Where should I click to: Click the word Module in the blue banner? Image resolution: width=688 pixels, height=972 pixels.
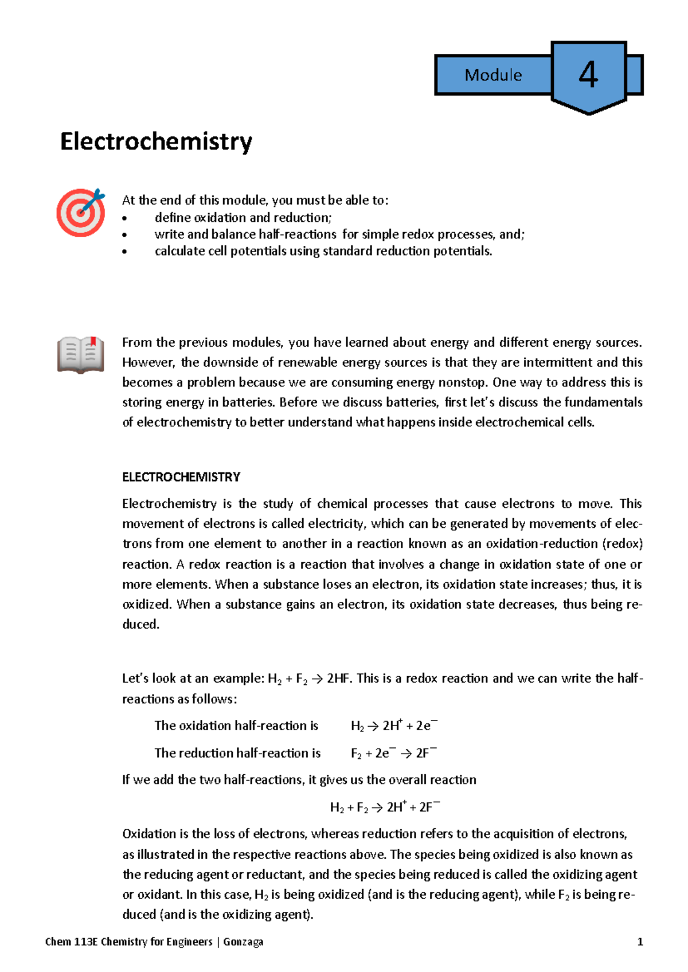pyautogui.click(x=493, y=75)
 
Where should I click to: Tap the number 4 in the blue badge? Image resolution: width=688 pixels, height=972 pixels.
pyautogui.click(x=588, y=75)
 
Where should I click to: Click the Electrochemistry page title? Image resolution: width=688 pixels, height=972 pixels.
pyautogui.click(x=156, y=142)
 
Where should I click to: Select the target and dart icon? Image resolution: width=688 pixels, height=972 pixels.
pyautogui.click(x=81, y=212)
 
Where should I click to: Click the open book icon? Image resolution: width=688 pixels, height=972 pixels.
pyautogui.click(x=80, y=355)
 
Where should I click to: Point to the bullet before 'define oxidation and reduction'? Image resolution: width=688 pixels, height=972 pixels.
pyautogui.click(x=124, y=218)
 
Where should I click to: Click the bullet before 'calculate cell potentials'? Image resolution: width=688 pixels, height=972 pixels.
pyautogui.click(x=124, y=252)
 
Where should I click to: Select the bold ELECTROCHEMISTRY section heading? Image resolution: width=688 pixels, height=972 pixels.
pyautogui.click(x=181, y=477)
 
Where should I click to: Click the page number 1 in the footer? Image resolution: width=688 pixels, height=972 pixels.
pyautogui.click(x=640, y=942)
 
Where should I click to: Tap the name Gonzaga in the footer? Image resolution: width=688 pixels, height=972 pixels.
pyautogui.click(x=243, y=942)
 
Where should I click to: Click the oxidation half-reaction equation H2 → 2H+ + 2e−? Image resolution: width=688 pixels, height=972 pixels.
pyautogui.click(x=394, y=726)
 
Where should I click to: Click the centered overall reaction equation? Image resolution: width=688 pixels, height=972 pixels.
pyautogui.click(x=385, y=807)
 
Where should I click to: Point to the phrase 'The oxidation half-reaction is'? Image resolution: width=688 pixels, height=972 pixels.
pyautogui.click(x=236, y=726)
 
